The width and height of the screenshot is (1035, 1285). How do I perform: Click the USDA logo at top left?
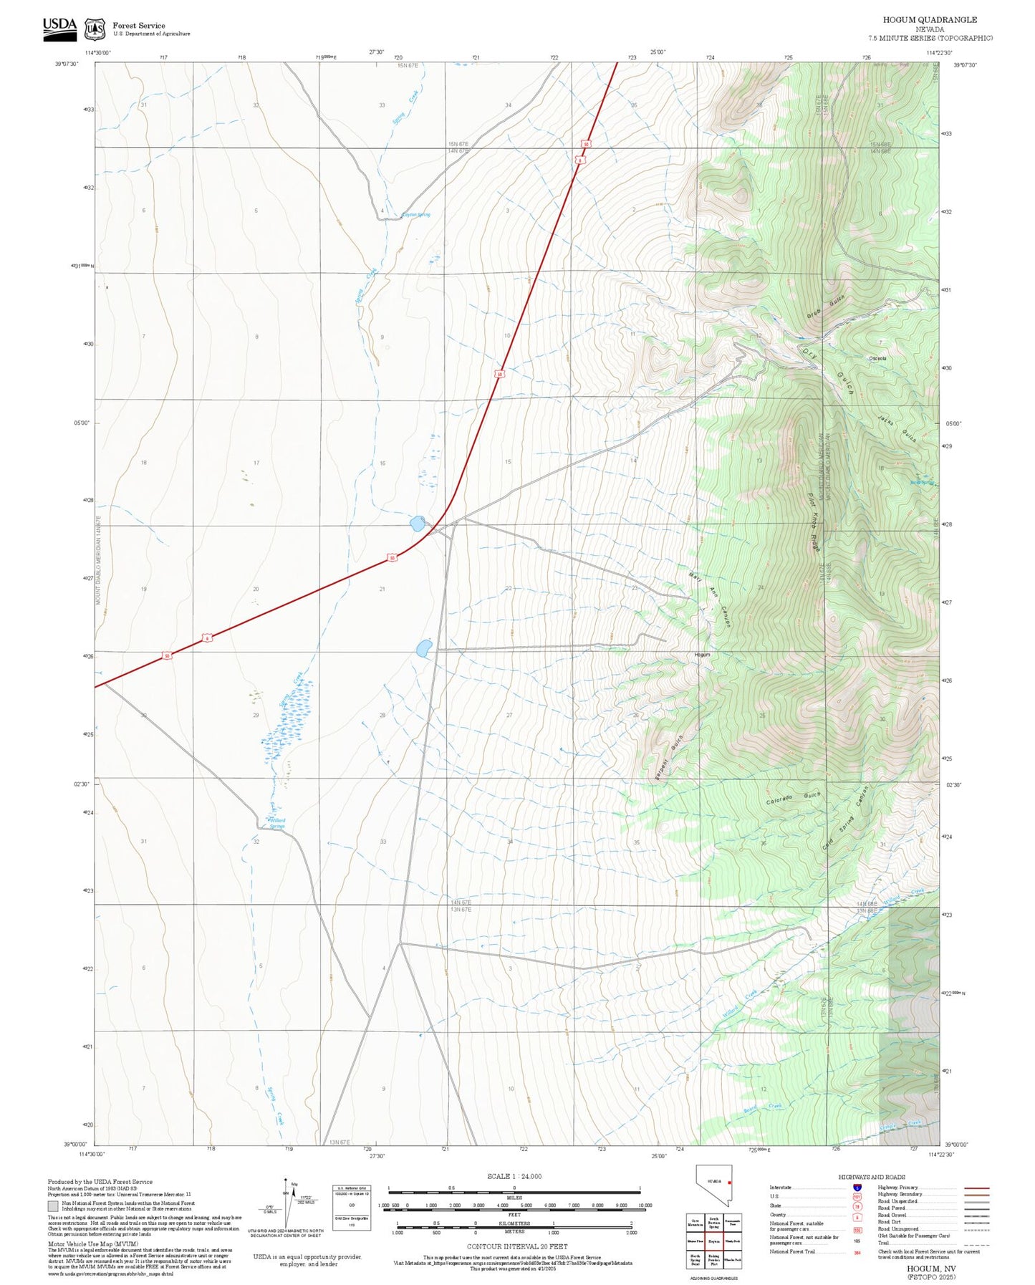pos(59,27)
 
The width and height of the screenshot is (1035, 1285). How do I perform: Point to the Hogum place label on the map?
pos(702,655)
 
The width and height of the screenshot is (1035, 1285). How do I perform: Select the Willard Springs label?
pos(276,823)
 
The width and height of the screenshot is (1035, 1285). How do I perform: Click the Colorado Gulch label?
pos(794,799)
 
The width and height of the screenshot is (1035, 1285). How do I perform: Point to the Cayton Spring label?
pos(415,215)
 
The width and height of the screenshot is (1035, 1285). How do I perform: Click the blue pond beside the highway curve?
pos(417,524)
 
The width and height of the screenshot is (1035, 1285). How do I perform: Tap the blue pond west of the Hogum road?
pos(423,649)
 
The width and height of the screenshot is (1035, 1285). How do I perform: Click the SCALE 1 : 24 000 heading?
pos(514,1176)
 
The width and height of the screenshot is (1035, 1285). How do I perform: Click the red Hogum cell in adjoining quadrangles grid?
pos(714,1241)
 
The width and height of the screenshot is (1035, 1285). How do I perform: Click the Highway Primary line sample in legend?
pos(977,1188)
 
